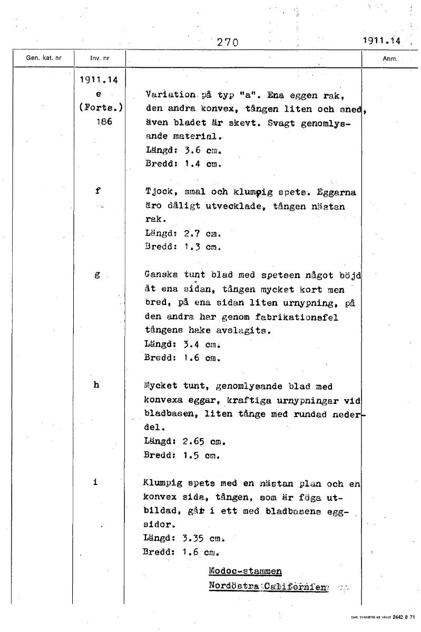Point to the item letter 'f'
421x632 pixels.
98,191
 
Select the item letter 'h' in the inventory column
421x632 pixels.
96,384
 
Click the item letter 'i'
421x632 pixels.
96,481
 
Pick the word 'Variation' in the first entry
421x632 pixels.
170,95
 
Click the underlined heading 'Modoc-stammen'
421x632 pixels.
245,571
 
